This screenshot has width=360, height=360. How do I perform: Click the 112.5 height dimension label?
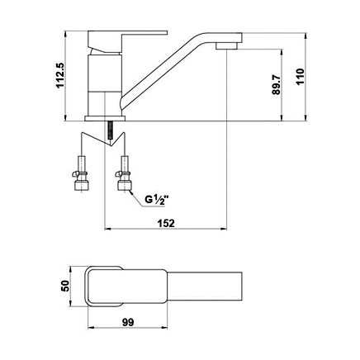(x=59, y=75)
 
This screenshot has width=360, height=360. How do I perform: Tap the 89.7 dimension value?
(x=277, y=85)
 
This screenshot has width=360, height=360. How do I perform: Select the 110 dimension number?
(x=301, y=77)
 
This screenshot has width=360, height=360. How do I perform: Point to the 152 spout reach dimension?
(x=167, y=223)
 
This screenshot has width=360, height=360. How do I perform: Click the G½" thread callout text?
(x=155, y=200)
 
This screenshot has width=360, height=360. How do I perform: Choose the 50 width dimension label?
(x=65, y=286)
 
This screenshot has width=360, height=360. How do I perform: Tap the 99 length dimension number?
(x=128, y=322)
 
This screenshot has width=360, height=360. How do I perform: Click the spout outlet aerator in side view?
(x=226, y=46)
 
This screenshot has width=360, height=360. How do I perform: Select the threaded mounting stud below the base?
(x=111, y=130)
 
